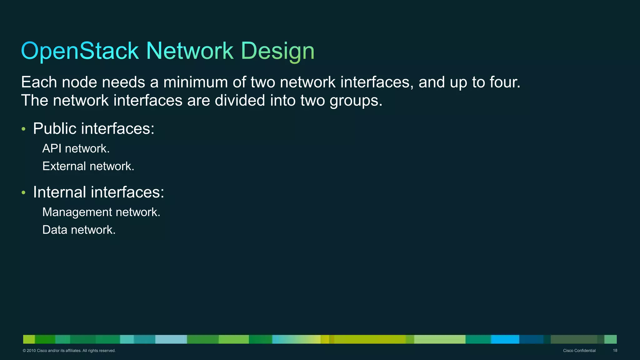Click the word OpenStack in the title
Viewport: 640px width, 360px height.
click(80, 51)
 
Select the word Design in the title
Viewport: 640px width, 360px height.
click(277, 51)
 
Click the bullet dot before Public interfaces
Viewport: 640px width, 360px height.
click(23, 129)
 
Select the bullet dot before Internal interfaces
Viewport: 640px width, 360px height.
click(23, 192)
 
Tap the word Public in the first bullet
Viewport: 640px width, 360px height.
click(55, 128)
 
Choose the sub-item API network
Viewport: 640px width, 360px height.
click(76, 149)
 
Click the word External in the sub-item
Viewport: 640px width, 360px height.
click(64, 166)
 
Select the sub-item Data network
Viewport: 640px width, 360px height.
click(79, 230)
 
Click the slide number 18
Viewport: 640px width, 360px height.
click(615, 351)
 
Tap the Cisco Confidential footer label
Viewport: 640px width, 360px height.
click(579, 351)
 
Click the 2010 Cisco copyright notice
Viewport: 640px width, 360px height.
click(69, 351)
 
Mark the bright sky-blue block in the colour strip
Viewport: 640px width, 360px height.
click(505, 339)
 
